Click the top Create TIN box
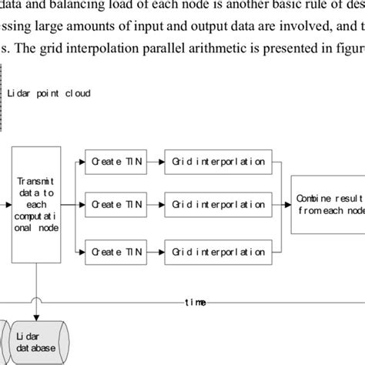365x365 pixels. click(x=115, y=162)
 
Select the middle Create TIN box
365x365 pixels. click(x=115, y=206)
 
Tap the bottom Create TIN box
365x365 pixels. click(x=115, y=251)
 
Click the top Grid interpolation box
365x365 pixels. click(x=219, y=162)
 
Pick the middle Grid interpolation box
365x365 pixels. click(x=219, y=206)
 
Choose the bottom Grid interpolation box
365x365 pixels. click(x=219, y=251)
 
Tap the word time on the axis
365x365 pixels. click(x=194, y=303)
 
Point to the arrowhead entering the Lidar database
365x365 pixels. click(x=35, y=316)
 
